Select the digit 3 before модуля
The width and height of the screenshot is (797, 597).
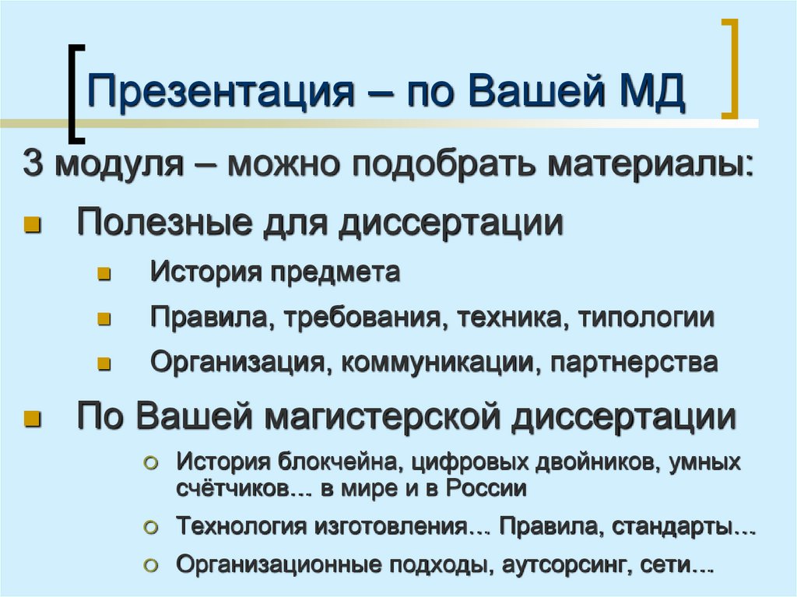pos(31,165)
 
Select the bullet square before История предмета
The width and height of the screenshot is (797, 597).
pos(105,274)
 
